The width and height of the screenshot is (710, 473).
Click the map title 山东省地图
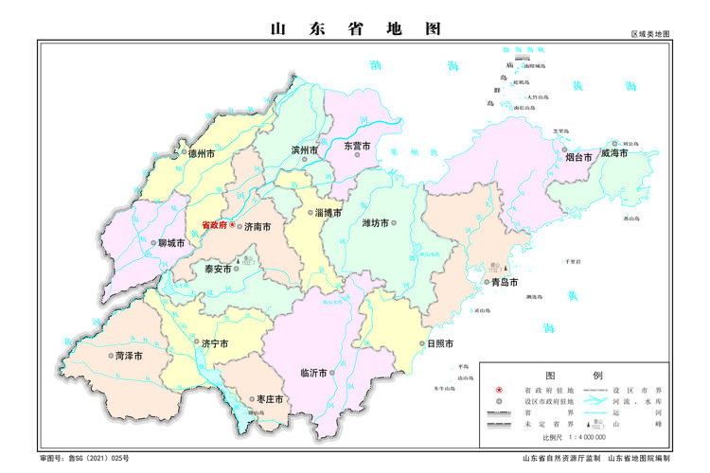click(x=355, y=28)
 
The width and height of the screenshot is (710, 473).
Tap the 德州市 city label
click(x=202, y=153)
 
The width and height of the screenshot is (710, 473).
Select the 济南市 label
click(x=257, y=227)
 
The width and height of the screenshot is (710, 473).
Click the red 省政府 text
click(x=214, y=225)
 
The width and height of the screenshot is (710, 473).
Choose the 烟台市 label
click(x=578, y=157)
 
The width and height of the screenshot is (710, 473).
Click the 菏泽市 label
click(x=129, y=357)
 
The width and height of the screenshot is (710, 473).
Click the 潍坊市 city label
click(x=376, y=223)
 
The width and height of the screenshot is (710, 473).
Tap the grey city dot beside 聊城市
click(x=153, y=243)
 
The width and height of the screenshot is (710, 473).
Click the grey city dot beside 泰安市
click(x=237, y=269)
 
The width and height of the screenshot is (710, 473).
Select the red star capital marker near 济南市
click(x=233, y=225)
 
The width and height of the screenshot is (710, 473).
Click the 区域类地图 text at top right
click(x=650, y=34)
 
